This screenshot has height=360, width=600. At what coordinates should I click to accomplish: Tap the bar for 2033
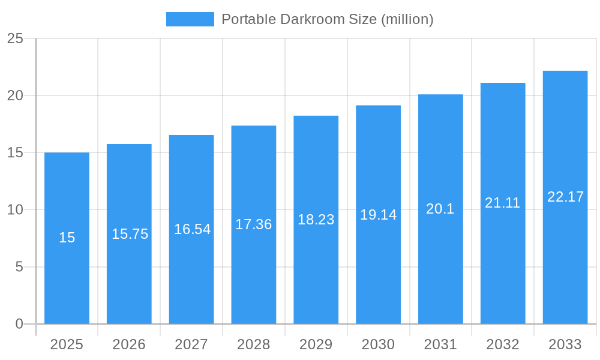pos(565,264)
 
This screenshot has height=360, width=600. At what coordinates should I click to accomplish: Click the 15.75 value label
pos(130,234)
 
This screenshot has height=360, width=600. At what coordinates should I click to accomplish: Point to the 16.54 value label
pos(192,229)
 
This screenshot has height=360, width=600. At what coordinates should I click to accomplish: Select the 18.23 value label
pos(316,220)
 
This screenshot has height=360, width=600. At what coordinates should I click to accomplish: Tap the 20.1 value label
pos(440,209)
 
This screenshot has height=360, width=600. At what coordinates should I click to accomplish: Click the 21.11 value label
pos(503,203)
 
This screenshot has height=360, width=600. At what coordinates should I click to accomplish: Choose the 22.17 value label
pos(565,197)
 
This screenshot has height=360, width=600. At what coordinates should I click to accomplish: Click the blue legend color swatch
pos(190,19)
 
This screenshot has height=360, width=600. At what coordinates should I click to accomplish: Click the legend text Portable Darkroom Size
pos(327,19)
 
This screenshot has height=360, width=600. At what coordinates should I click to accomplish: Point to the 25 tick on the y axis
pos(15,39)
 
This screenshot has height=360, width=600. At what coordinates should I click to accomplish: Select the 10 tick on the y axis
pos(15,210)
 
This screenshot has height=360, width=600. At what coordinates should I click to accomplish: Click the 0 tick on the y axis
pos(19,324)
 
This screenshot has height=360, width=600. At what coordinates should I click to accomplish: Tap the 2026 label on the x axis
pos(129,344)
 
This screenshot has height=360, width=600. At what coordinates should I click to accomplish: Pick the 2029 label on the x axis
pos(316,344)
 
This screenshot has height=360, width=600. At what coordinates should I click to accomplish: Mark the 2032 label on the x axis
pos(503,344)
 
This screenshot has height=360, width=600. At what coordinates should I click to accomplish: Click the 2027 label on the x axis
pos(191,344)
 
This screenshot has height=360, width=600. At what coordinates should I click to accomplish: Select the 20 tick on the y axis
pos(15,96)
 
